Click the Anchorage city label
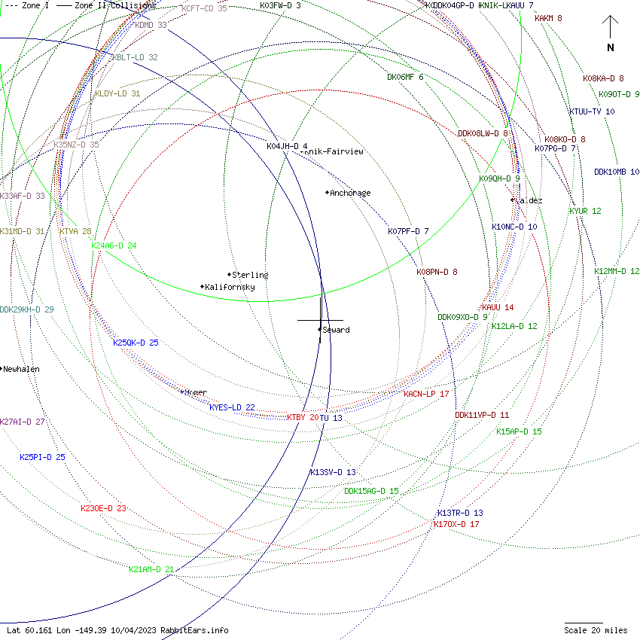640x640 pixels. pos(350,193)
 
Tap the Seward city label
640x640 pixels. pos(336,330)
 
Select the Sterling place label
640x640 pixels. pos(250,275)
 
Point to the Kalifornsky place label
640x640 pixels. pos(230,287)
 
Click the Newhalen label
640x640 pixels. pos(21,369)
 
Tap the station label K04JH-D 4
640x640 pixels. pos(287,146)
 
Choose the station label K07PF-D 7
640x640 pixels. pos(408,231)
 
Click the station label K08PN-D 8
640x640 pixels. pos(437,272)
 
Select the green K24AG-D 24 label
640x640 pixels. pos(114,245)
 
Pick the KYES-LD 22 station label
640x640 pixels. pos(232,407)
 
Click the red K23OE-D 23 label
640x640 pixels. pos(103,508)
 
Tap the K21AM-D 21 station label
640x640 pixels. pos(151,569)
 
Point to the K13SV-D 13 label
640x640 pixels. pos(333,472)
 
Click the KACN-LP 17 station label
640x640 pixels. pos(426,394)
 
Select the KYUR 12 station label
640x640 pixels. pos(585,211)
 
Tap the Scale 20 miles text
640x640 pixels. pos(596,630)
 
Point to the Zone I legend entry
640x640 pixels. pos(29,5)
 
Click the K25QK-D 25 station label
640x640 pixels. pos(136,343)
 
